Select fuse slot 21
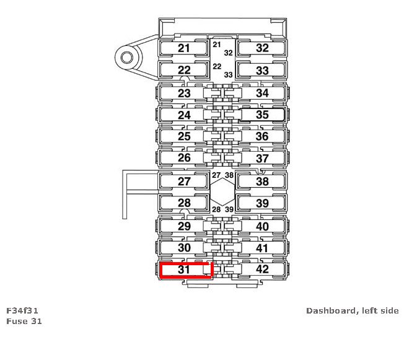coord(184,48)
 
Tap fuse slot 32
coord(262,48)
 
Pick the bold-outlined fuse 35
coord(262,115)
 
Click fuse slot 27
coord(184,182)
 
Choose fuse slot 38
coord(262,182)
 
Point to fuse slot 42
coord(262,270)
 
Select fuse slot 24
coord(184,115)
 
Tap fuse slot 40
coord(262,226)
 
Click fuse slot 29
coord(184,226)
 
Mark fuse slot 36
coord(262,136)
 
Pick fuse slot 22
coord(184,70)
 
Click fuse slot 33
coord(262,70)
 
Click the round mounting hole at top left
coord(127,58)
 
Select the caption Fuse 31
coord(24,321)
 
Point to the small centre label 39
coord(229,209)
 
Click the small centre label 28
coord(216,209)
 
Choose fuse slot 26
coord(184,158)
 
